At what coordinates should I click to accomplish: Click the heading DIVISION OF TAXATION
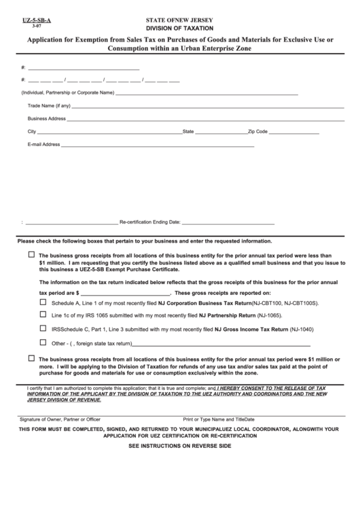pyautogui.click(x=179, y=29)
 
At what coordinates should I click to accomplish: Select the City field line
pyautogui.click(x=109, y=132)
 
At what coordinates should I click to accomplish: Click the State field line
pyautogui.click(x=221, y=132)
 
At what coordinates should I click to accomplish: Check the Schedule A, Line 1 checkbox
pyautogui.click(x=43, y=302)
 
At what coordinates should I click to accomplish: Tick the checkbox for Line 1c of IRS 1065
pyautogui.click(x=43, y=315)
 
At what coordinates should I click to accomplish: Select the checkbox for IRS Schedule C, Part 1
pyautogui.click(x=43, y=328)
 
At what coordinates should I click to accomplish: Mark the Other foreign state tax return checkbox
pyautogui.click(x=43, y=342)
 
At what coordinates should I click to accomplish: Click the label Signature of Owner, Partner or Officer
pyautogui.click(x=60, y=419)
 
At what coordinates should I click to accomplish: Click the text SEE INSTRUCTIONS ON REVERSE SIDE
pyautogui.click(x=179, y=446)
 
